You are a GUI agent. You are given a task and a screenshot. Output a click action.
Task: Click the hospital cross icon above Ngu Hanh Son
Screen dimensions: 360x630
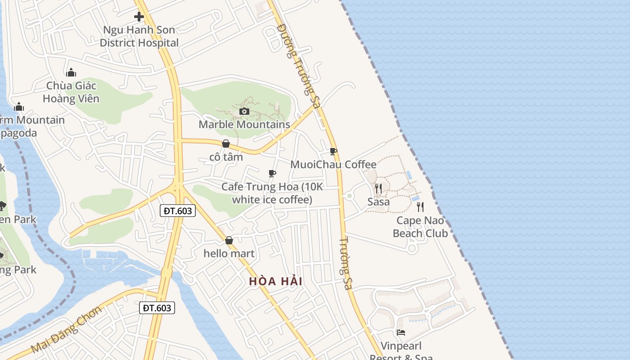(139, 17)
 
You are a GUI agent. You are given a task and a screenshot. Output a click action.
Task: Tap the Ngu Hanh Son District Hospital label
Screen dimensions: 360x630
(139, 36)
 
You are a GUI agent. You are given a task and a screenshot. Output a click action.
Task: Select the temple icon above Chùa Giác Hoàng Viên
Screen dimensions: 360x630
(71, 73)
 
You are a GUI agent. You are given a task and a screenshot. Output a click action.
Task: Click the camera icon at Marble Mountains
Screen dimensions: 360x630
(244, 111)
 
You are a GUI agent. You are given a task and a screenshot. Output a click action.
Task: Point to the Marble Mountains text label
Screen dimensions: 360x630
(244, 124)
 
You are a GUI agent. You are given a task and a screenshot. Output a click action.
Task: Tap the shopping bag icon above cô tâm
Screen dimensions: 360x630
(226, 144)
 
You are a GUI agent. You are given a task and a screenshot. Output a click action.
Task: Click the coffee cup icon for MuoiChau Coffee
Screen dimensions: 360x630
(333, 152)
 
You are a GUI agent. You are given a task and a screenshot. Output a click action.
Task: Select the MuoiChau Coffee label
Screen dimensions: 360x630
(333, 164)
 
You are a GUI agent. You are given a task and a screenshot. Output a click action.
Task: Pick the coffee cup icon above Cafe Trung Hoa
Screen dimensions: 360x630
(272, 173)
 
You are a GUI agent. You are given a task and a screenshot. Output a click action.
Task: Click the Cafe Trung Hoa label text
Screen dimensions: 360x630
(272, 193)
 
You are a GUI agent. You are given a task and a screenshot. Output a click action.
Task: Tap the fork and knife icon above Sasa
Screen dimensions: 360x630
(378, 189)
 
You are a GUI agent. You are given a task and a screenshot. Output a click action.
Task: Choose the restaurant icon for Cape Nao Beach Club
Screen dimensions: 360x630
(420, 207)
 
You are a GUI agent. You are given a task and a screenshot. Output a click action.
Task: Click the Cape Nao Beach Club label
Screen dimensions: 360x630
(420, 227)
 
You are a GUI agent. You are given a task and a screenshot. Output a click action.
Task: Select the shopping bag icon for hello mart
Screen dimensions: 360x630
(229, 241)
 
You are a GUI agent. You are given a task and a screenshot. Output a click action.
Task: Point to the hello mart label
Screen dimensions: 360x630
(229, 253)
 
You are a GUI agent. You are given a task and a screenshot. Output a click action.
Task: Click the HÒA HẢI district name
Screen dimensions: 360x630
(275, 282)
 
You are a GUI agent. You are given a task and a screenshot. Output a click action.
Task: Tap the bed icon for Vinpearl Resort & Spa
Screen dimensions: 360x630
(401, 333)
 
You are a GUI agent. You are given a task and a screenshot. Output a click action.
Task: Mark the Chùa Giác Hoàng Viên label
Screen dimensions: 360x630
(71, 92)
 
